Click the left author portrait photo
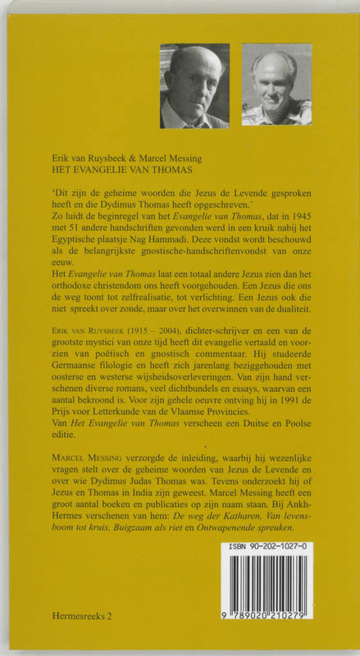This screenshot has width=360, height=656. [194, 85]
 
